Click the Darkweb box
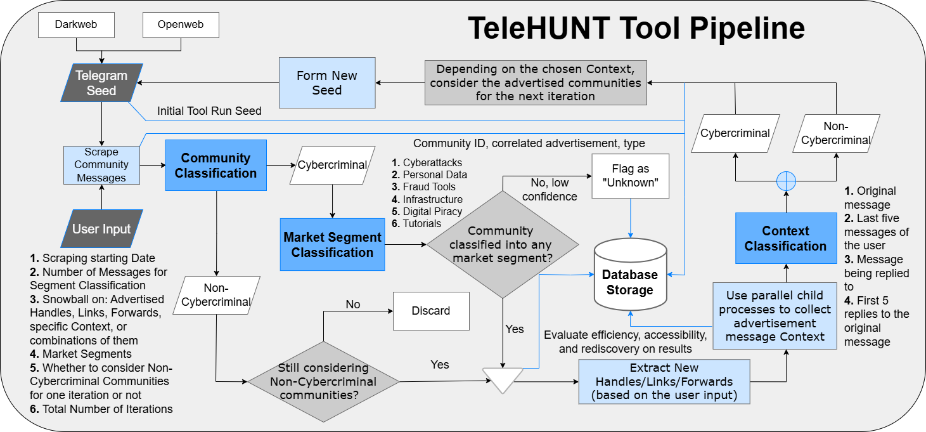click(76, 25)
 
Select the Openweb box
click(181, 25)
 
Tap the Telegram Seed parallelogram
click(101, 82)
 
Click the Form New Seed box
click(327, 82)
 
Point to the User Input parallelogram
click(101, 229)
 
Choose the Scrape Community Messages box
click(101, 165)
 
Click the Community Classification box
click(215, 165)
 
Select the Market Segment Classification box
click(332, 245)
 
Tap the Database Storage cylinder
click(631, 274)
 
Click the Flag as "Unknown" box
click(631, 176)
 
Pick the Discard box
click(431, 311)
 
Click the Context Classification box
click(786, 239)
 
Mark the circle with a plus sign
click(787, 181)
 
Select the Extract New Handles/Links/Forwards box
click(664, 381)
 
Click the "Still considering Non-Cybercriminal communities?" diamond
click(323, 381)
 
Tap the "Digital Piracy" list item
click(427, 211)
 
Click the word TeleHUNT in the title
click(539, 28)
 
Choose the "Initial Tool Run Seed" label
click(209, 111)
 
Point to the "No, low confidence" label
click(550, 190)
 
